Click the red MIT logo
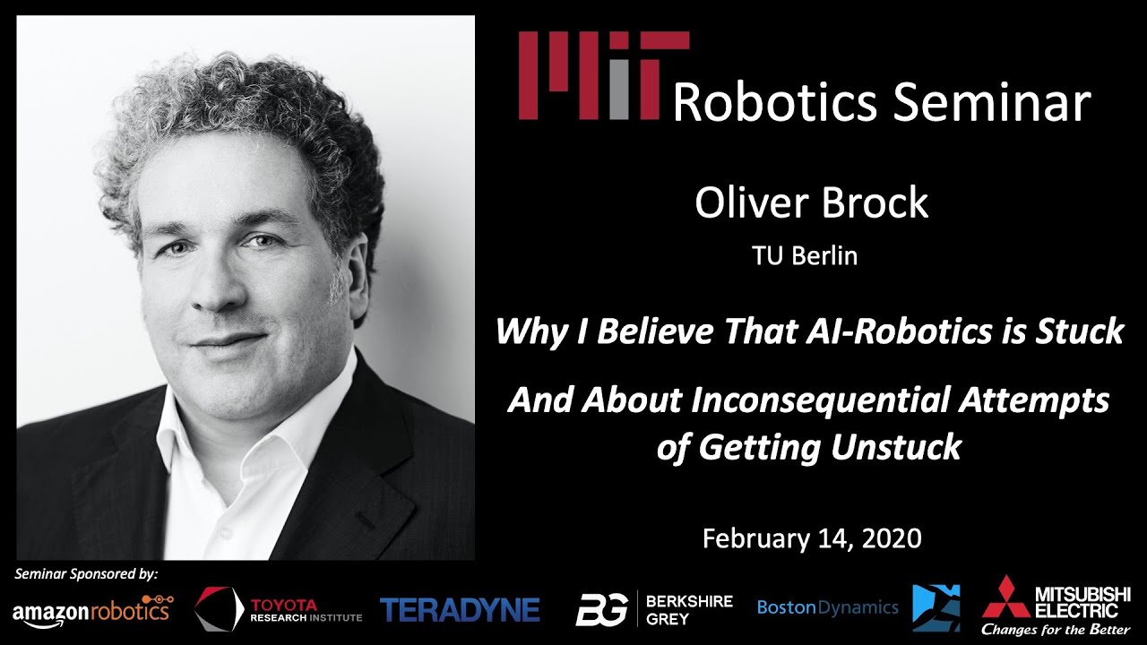coord(603,75)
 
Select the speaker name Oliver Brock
coord(811,203)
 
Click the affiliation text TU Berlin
coord(805,256)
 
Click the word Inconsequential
coord(821,400)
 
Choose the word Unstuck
coord(896,447)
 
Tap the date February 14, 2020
coord(811,537)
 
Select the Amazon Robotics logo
coord(92,610)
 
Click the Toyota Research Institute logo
coord(279,610)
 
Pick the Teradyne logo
coord(460,610)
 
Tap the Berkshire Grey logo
coord(654,609)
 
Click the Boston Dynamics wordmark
coord(827,608)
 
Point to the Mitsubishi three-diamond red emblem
coord(1005,599)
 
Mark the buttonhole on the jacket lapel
coord(366,520)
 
